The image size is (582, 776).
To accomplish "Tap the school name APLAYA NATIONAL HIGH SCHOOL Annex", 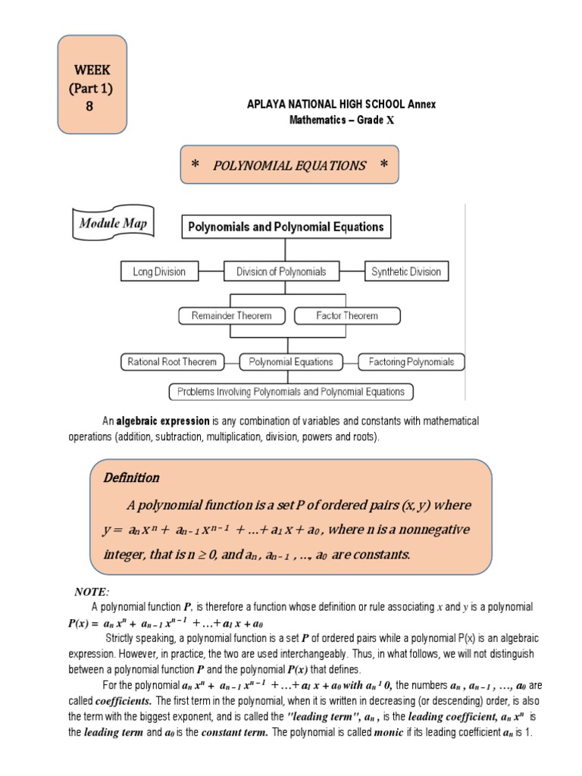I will [342, 105].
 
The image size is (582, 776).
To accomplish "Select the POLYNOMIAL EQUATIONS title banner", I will [288, 166].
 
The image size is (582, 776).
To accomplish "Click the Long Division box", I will [159, 271].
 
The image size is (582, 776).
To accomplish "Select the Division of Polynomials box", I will [280, 271].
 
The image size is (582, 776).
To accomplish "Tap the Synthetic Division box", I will [406, 271].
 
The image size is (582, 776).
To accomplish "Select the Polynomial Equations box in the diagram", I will [291, 362].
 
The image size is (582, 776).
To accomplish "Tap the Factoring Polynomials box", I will [411, 362].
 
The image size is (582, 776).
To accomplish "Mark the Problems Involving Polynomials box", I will [291, 392].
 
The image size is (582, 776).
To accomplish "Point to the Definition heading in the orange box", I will [130, 477].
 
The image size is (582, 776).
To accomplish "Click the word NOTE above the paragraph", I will [92, 592].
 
